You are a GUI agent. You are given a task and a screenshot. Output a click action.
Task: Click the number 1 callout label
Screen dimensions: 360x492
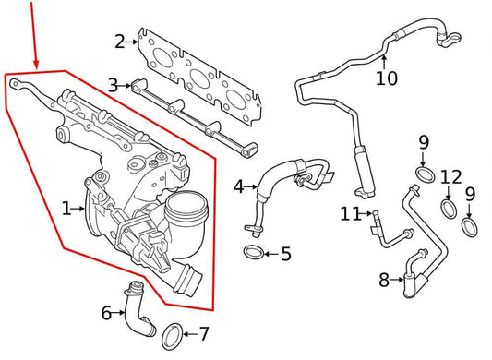coord(66,210)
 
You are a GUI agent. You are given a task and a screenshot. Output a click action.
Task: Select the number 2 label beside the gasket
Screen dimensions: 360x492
coord(120,41)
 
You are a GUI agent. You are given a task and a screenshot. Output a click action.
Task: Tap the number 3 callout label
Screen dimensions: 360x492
coord(113,85)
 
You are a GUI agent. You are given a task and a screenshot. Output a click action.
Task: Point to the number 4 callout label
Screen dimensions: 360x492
coord(239,186)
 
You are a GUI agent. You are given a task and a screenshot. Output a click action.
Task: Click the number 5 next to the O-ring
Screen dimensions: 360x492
coord(285,252)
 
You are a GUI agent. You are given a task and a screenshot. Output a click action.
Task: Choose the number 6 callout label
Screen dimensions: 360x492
coord(107,313)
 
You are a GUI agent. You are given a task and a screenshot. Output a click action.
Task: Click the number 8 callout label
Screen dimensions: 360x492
coord(384,280)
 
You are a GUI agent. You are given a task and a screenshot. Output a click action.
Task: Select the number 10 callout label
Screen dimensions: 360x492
coord(386,78)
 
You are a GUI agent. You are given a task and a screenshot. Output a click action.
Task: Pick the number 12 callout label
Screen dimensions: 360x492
coord(450,176)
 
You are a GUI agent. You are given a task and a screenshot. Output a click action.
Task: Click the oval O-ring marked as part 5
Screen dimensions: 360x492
coord(253,252)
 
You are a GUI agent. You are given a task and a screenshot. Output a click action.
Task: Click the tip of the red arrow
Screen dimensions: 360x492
coord(37,67)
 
